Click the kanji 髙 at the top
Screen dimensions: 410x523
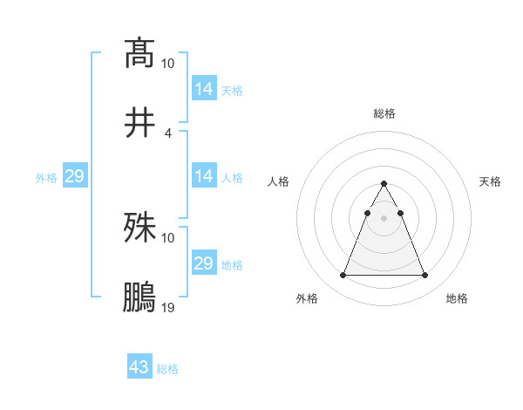point(139,52)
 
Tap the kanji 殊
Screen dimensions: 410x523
point(139,228)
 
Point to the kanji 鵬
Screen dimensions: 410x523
point(139,297)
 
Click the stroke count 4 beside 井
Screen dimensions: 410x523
point(168,133)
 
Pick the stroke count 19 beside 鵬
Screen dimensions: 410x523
point(168,308)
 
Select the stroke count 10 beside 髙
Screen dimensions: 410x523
point(168,63)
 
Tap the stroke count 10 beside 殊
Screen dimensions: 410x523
point(168,237)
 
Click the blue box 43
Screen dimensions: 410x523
point(139,367)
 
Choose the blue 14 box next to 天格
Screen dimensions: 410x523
point(204,88)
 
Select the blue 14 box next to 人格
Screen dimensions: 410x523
point(204,176)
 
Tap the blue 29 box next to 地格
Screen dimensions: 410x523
point(204,263)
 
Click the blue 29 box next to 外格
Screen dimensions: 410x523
point(75,176)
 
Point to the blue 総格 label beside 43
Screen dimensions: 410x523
point(167,369)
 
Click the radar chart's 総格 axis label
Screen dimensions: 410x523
point(384,113)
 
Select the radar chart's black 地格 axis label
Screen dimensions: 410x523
point(457,299)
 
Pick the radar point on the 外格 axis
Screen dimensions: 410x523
point(343,276)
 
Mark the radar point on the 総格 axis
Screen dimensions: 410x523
point(384,184)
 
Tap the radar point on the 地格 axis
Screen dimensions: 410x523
point(425,276)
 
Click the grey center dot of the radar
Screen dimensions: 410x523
point(384,217)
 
